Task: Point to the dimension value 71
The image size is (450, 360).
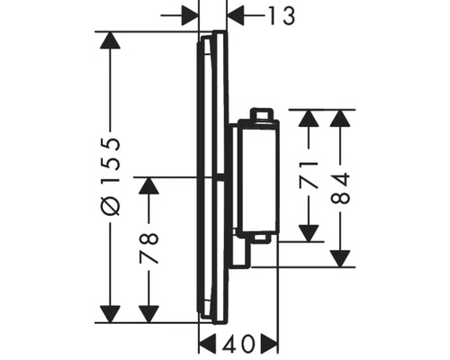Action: [309, 173]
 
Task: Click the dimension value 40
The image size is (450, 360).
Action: [238, 343]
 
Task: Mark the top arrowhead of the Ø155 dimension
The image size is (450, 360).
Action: [110, 41]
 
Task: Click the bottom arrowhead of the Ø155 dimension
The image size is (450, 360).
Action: [110, 313]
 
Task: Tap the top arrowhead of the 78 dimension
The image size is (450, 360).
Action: [149, 186]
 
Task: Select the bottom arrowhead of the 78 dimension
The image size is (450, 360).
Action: [149, 313]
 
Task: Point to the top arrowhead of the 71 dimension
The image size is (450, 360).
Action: [309, 120]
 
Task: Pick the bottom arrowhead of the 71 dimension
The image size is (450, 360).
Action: [309, 232]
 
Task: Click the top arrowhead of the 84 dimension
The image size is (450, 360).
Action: [339, 120]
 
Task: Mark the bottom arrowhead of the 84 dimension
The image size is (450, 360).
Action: [339, 257]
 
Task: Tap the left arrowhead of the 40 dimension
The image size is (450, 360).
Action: [208, 343]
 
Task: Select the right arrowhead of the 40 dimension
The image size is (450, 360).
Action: [269, 343]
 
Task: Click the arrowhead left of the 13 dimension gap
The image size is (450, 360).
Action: [188, 15]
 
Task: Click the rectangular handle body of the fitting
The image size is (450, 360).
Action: [257, 175]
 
